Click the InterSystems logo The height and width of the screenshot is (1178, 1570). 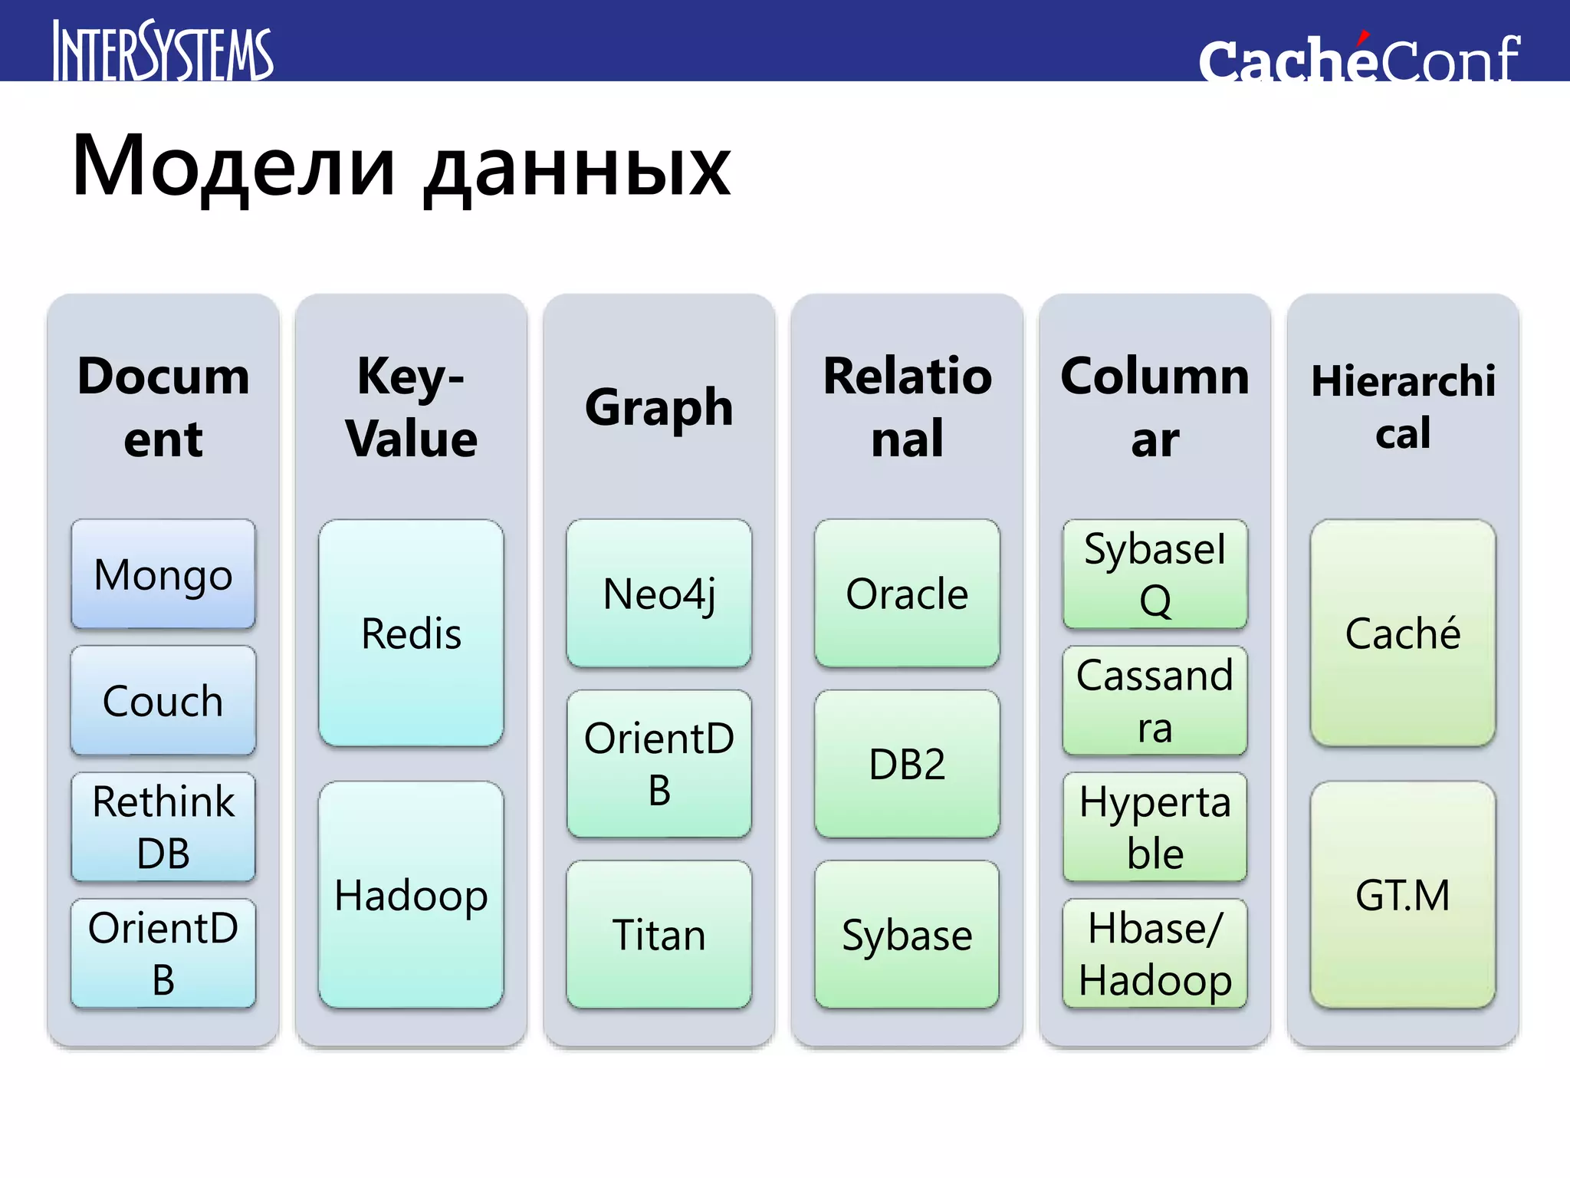click(x=163, y=51)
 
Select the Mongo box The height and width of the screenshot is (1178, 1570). click(x=163, y=574)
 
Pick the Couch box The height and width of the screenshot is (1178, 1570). click(x=163, y=701)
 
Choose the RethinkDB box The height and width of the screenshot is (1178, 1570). click(x=163, y=827)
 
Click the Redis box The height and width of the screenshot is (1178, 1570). click(x=411, y=633)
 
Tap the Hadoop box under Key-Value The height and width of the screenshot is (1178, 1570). click(x=411, y=895)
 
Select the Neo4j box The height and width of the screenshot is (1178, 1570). click(x=659, y=594)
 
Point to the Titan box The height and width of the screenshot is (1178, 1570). click(x=659, y=935)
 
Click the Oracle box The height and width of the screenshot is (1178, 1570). click(x=907, y=594)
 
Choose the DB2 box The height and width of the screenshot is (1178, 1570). click(x=907, y=764)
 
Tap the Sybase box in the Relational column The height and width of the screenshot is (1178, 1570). click(x=907, y=935)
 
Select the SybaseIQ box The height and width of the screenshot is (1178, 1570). click(x=1155, y=574)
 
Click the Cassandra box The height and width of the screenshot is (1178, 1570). click(x=1155, y=701)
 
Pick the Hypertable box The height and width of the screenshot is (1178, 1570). click(x=1155, y=827)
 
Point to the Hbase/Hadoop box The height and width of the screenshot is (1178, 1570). click(x=1155, y=953)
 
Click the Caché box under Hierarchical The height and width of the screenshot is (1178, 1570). click(x=1403, y=633)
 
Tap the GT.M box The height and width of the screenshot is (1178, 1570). click(x=1403, y=895)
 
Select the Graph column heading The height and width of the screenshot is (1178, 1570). click(x=659, y=407)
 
